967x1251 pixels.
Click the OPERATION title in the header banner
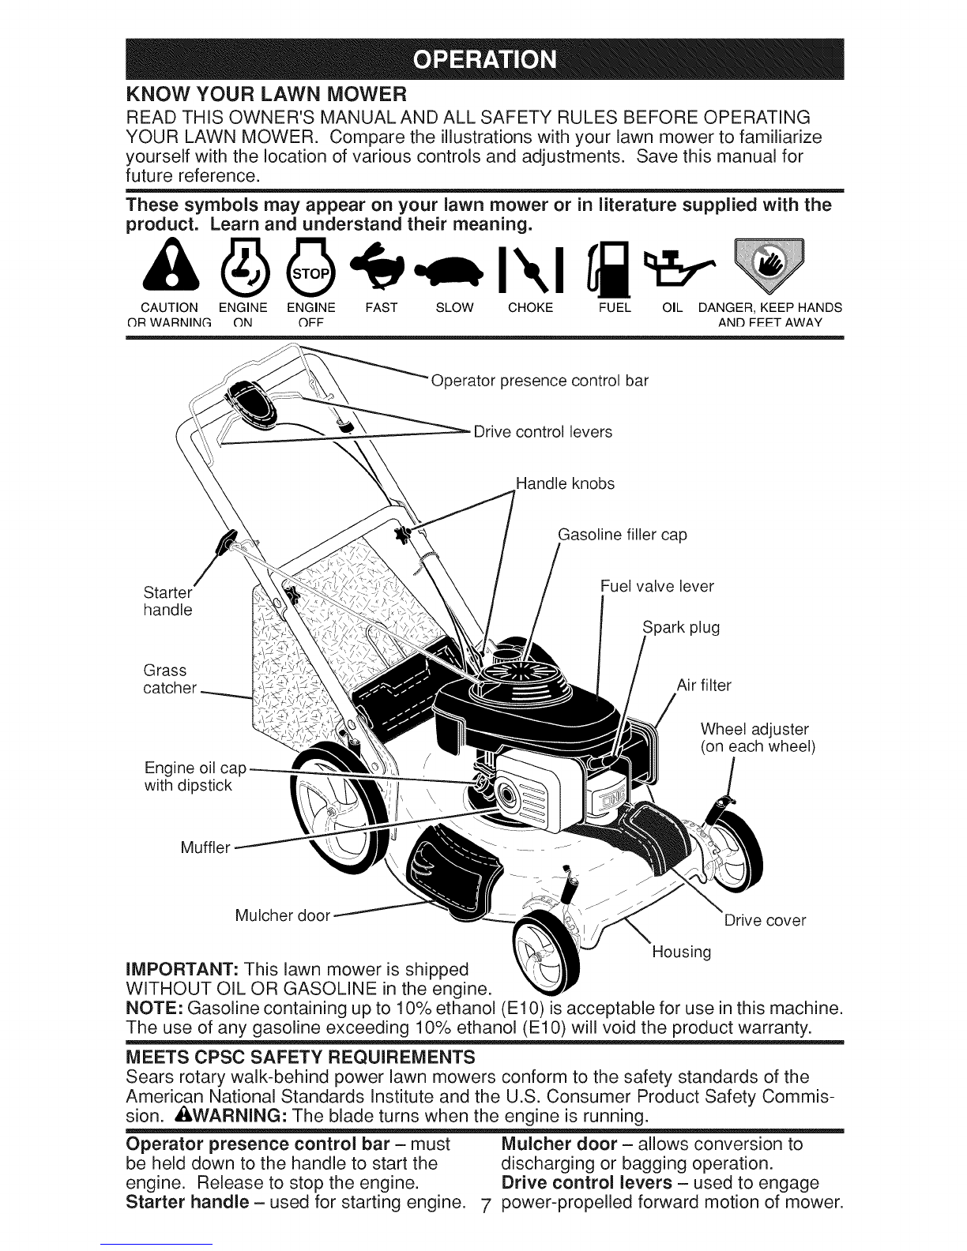click(485, 59)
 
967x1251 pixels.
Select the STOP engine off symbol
click(310, 266)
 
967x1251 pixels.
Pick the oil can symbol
click(679, 268)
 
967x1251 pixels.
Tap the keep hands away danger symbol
click(769, 265)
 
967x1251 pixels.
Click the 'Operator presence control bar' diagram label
click(540, 381)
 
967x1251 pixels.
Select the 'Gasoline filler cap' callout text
click(623, 535)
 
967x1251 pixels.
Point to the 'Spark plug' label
click(681, 627)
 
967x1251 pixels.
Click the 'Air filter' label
click(704, 685)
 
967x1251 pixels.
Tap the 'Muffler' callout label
click(205, 847)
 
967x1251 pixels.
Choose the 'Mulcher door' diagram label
click(283, 915)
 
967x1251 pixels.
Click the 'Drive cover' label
click(765, 920)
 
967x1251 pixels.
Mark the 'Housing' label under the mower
click(681, 952)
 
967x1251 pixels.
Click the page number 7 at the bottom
click(485, 1205)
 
